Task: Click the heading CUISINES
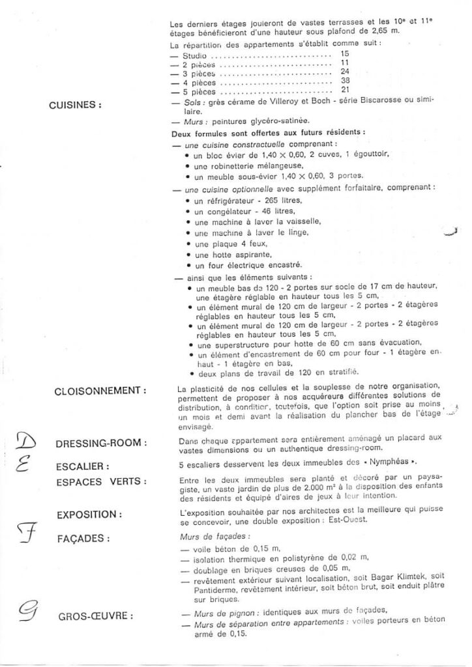click(x=75, y=105)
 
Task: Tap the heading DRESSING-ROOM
click(x=101, y=444)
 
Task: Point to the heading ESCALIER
click(x=81, y=466)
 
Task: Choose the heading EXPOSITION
click(x=89, y=515)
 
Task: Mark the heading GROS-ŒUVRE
click(x=95, y=615)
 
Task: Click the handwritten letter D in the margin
click(x=25, y=442)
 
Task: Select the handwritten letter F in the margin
click(x=25, y=535)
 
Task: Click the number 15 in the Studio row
click(x=345, y=53)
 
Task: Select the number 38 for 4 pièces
click(x=346, y=80)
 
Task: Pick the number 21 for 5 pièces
click(x=346, y=89)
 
